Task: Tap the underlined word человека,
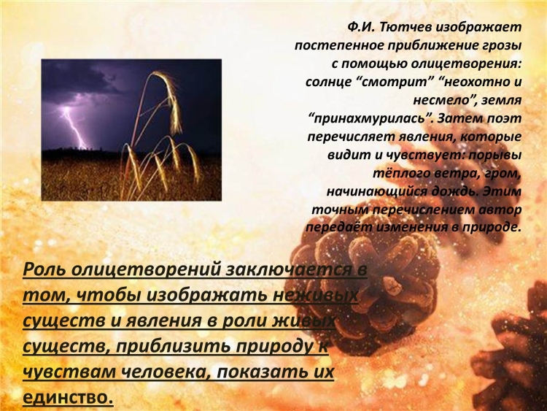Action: [x=166, y=372]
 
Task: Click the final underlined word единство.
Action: [x=69, y=397]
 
